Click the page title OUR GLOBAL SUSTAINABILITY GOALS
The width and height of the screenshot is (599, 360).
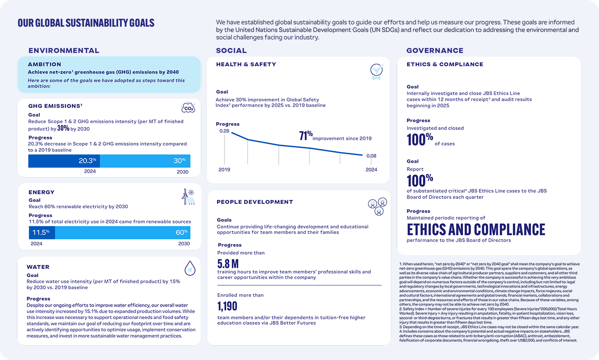tap(86, 23)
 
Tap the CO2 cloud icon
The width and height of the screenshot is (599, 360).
tap(188, 108)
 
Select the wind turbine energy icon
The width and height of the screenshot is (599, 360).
tap(188, 197)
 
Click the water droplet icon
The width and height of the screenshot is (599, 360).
tap(189, 269)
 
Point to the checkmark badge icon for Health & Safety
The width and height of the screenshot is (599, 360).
tap(376, 72)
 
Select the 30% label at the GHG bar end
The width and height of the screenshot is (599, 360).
tap(180, 161)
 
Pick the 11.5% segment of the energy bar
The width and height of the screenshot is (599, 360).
tap(41, 232)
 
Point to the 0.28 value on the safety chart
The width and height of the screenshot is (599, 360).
tap(224, 131)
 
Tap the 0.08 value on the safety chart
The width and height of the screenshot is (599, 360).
tap(371, 156)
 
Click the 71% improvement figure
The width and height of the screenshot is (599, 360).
tap(306, 136)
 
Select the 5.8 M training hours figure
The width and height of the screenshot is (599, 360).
tap(228, 264)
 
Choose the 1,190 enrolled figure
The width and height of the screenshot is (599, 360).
tap(227, 306)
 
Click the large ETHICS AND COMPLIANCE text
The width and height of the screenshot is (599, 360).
tap(476, 229)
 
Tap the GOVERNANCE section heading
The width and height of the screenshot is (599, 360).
tap(435, 50)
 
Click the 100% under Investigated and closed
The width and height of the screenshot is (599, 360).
tap(420, 140)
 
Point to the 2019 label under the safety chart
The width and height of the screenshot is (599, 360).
tap(224, 170)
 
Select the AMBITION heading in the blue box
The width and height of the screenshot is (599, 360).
tap(45, 64)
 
